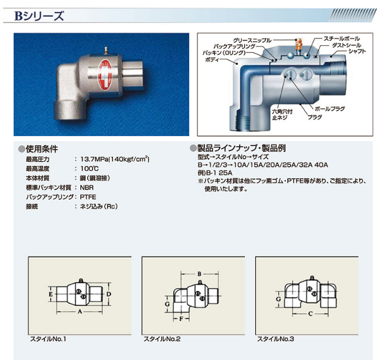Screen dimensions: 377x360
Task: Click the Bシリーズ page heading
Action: pos(39,16)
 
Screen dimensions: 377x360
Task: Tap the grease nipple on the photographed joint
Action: pos(106,50)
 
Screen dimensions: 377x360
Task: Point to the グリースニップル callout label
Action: pos(252,40)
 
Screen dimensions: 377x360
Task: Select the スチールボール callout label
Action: pos(341,39)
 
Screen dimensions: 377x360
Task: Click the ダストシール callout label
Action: pos(346,45)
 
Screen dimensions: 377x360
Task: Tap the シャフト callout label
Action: pos(357,51)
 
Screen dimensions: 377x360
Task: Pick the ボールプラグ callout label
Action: pos(329,109)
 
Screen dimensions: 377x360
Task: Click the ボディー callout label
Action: pos(212,59)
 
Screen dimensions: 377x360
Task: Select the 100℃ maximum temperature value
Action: pos(89,169)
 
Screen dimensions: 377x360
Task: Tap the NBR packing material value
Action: pos(87,188)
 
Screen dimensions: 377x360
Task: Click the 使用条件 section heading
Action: pos(42,149)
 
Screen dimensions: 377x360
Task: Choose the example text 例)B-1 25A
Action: pos(215,173)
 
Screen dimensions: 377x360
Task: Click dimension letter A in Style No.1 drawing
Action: pos(80,311)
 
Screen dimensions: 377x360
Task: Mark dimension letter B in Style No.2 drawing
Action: pos(199,274)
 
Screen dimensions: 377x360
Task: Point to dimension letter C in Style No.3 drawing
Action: pos(310,314)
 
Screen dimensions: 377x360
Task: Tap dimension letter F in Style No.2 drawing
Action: pos(181,318)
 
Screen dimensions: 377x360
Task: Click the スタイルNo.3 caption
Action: pos(275,339)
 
